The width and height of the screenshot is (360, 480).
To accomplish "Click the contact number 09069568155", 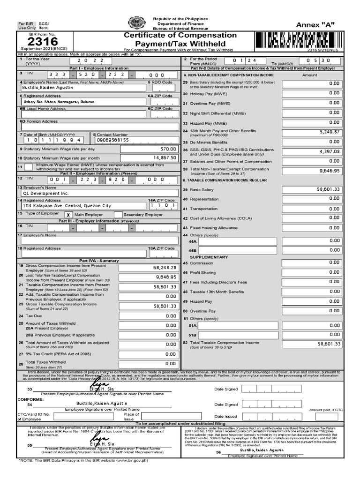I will click(112, 140).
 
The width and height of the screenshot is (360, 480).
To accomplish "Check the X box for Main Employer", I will click(68, 214).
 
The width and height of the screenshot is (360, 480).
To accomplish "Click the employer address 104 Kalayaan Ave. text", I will click(67, 206).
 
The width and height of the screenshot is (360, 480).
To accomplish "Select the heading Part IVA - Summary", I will click(92, 261).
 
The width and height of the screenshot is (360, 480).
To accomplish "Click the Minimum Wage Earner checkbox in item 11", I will click(21, 167).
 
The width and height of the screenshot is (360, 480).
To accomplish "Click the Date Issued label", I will click(226, 416).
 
